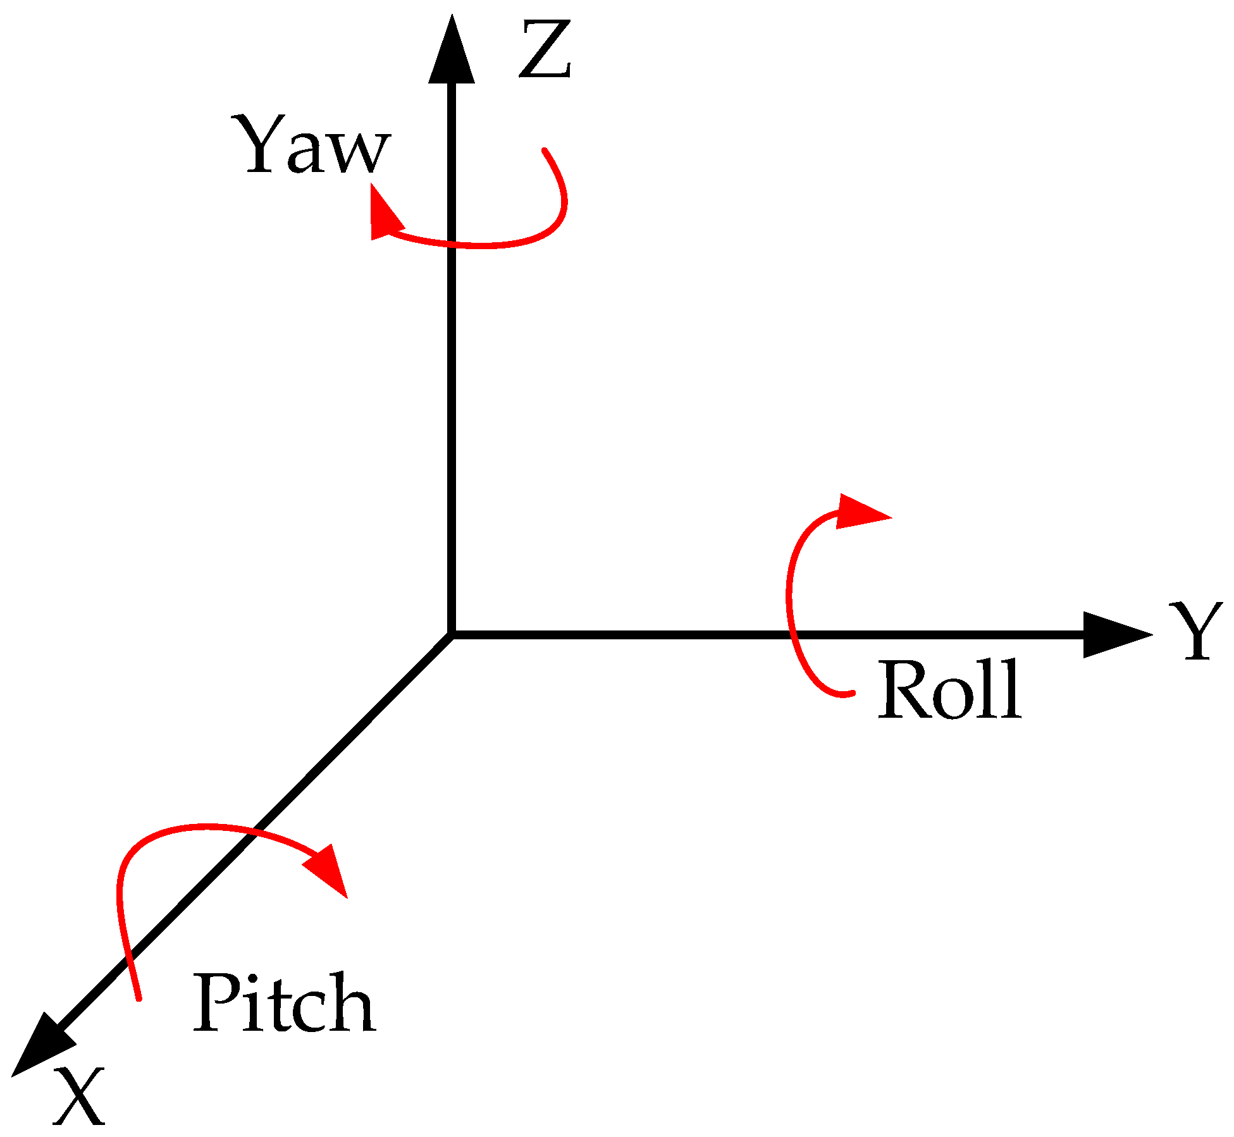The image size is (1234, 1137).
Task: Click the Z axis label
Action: coord(545,49)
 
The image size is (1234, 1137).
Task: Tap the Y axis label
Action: coord(1195,630)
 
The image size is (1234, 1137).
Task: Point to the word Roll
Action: coord(949,690)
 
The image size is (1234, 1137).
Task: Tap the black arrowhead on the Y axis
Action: coord(1113,635)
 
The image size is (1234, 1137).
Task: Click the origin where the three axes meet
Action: coord(452,635)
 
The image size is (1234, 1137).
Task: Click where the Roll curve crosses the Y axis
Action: coord(793,635)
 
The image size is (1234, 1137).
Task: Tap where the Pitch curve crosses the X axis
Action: coord(245,835)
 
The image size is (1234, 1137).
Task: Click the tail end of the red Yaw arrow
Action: coord(545,151)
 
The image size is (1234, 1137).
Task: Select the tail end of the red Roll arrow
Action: coord(852,694)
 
